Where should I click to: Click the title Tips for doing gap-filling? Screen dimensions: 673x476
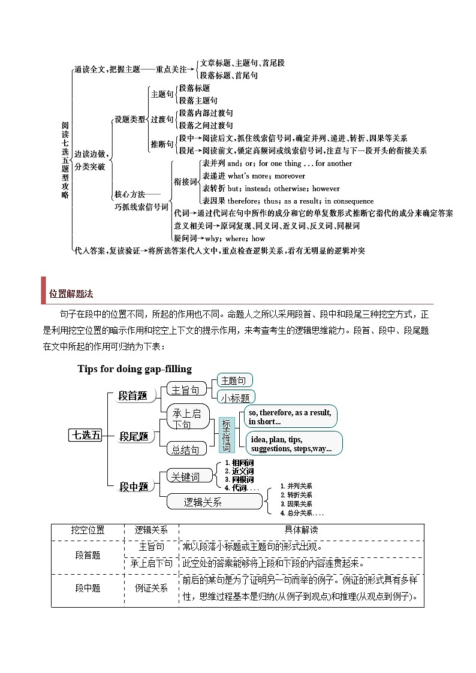[135, 369]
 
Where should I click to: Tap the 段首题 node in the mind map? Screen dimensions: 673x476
[132, 396]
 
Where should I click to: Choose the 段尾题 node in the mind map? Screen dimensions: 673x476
[134, 436]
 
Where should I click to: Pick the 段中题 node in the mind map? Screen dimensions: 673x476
[134, 487]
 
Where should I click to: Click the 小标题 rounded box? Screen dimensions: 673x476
[235, 397]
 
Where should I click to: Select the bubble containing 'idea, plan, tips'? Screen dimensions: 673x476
[293, 444]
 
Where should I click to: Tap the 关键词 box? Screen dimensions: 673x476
[185, 476]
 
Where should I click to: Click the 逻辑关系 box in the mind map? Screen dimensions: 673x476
[204, 502]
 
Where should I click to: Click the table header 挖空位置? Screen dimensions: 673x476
[88, 530]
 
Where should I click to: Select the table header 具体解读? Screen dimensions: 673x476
[301, 530]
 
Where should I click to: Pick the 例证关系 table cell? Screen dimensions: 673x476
[151, 588]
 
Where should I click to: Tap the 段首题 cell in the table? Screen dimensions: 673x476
[88, 556]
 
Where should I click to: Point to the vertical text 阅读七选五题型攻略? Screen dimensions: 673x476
[65, 159]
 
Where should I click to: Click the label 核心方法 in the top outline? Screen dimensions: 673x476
[129, 194]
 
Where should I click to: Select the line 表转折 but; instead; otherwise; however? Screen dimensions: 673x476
[271, 188]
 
